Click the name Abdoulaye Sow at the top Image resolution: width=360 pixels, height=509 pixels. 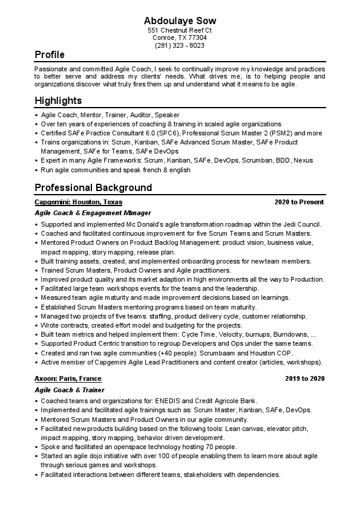point(180,21)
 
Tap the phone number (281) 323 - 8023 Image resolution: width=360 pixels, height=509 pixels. point(180,45)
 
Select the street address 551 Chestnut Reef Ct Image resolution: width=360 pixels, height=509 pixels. point(180,30)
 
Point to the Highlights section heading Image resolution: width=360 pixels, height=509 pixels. point(58,101)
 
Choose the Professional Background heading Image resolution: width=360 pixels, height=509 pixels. point(93,187)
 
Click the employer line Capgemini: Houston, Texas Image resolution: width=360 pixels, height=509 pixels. point(79,202)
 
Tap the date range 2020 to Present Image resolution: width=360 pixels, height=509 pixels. point(299,202)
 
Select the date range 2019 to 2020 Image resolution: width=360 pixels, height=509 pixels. point(305,378)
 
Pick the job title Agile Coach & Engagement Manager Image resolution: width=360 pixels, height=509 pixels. point(93,213)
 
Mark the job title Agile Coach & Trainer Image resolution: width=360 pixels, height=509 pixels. point(69,390)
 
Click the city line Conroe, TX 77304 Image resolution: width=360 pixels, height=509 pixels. point(180,37)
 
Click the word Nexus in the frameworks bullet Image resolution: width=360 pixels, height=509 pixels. point(303,161)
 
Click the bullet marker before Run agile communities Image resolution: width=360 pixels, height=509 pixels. point(37,170)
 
